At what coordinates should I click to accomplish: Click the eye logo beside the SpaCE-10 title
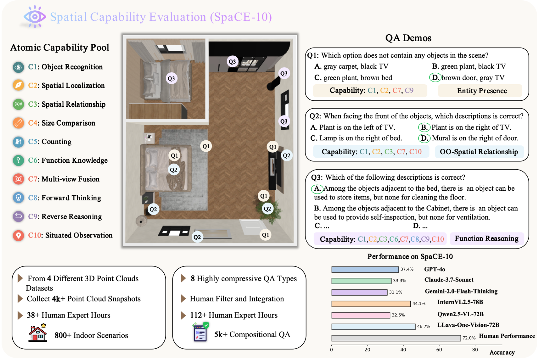(x=35, y=17)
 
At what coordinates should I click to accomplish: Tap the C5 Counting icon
(x=18, y=142)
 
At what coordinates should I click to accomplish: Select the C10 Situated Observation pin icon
(x=18, y=235)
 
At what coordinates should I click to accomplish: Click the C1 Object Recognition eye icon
(x=18, y=67)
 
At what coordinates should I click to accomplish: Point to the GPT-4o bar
(x=365, y=270)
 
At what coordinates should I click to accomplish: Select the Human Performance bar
(x=396, y=338)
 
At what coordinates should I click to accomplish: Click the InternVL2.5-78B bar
(x=371, y=304)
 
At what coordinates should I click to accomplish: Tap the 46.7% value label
(x=423, y=327)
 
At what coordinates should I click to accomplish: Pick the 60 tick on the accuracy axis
(x=439, y=350)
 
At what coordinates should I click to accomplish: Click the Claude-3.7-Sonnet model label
(x=449, y=280)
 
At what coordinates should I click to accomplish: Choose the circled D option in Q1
(x=435, y=77)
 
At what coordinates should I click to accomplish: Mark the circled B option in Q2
(x=424, y=127)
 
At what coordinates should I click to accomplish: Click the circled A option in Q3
(x=317, y=188)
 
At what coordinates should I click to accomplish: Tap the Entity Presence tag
(x=482, y=91)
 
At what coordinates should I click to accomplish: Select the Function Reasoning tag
(x=486, y=239)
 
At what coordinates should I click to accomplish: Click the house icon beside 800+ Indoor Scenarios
(x=38, y=333)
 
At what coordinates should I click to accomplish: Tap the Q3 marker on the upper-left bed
(x=171, y=79)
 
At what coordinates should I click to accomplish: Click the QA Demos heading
(x=408, y=38)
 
